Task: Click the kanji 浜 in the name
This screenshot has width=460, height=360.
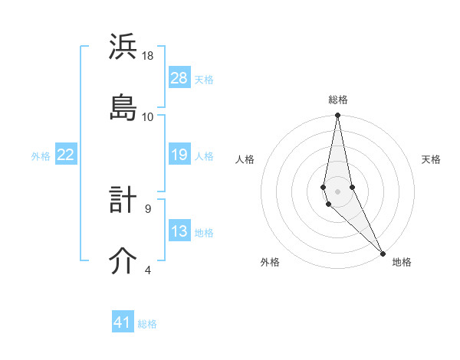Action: [123, 47]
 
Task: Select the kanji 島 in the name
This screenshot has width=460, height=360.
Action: [123, 106]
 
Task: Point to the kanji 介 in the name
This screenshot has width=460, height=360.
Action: [123, 261]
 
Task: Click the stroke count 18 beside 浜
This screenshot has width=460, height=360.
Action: [148, 56]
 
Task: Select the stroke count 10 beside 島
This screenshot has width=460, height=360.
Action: [148, 116]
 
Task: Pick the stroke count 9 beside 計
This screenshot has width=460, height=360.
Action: [148, 208]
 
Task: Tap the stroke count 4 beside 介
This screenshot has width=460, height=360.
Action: [148, 270]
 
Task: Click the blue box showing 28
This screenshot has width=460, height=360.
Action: [179, 78]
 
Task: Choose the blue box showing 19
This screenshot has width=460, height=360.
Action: [179, 155]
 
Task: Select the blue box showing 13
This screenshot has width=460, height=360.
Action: [179, 231]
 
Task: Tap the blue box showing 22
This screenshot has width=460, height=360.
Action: [65, 155]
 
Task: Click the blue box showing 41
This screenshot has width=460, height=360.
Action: [123, 322]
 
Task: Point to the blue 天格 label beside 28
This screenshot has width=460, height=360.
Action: [204, 79]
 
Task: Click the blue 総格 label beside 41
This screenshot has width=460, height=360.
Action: [147, 323]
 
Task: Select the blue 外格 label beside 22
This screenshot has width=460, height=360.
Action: [41, 155]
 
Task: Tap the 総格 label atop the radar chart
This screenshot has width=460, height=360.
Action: [338, 100]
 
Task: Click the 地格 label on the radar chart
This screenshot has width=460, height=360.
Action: [402, 262]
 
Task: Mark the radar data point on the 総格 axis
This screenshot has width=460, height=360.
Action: [337, 116]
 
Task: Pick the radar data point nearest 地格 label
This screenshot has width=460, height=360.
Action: [383, 252]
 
